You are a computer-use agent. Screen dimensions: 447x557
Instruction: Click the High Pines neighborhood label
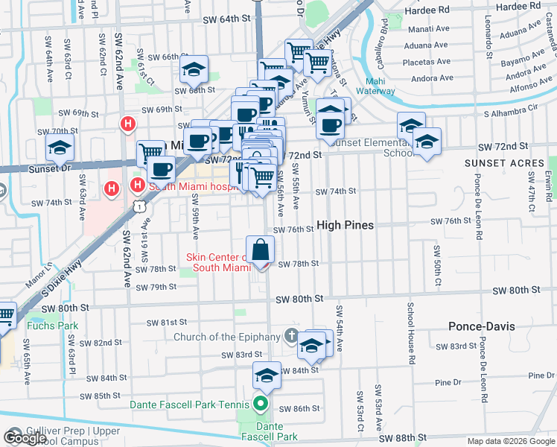click(345, 224)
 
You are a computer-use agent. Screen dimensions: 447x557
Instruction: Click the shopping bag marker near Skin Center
click(260, 251)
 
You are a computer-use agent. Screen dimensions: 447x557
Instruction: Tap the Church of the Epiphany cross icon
click(290, 337)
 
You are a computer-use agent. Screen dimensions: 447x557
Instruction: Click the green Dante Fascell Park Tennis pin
click(260, 405)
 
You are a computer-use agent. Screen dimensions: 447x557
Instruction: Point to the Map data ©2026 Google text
click(511, 441)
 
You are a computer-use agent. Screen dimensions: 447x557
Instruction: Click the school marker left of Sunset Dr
click(60, 148)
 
